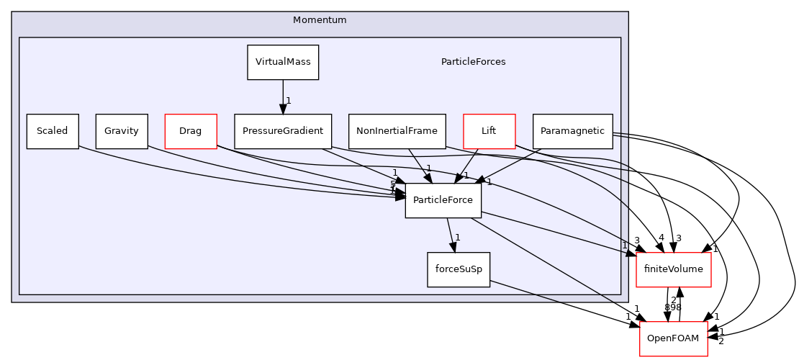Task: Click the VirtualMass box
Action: (x=283, y=63)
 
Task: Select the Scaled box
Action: (x=53, y=131)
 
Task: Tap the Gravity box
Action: (x=122, y=131)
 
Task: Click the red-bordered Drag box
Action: (x=191, y=131)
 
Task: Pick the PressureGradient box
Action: (x=283, y=131)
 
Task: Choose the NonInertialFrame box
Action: (x=397, y=131)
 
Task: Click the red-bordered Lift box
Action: (x=489, y=131)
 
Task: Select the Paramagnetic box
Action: (x=572, y=131)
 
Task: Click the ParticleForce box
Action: (x=443, y=200)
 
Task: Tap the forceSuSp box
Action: (x=459, y=269)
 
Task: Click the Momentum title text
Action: (x=320, y=20)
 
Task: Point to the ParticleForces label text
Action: (x=473, y=62)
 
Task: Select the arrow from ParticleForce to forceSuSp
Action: (x=451, y=234)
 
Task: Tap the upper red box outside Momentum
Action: (x=674, y=270)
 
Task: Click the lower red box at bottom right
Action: (x=674, y=339)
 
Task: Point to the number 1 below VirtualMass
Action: (x=289, y=101)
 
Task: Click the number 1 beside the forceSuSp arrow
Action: (x=458, y=238)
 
